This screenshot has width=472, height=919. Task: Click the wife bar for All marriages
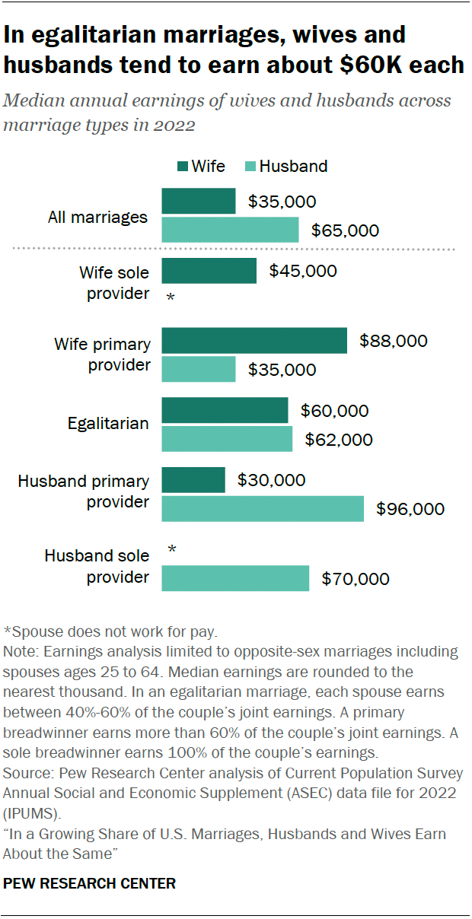199,202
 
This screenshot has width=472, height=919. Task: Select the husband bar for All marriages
230,230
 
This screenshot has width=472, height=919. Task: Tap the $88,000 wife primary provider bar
254,342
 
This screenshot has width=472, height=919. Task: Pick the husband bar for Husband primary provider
263,509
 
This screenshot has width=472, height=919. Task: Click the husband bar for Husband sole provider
235,578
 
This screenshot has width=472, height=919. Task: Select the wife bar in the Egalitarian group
225,411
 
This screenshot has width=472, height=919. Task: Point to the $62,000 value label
339,440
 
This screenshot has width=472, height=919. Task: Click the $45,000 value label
303,271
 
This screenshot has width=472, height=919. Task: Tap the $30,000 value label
271,480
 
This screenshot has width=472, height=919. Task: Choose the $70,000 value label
356,579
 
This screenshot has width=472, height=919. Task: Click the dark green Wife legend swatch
181,167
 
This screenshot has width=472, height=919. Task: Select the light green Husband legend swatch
249,167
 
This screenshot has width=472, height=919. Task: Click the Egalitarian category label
107,424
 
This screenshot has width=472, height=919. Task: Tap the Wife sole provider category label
114,282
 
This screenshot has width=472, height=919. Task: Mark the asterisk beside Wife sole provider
171,297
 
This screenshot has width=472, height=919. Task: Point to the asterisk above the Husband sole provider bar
171,549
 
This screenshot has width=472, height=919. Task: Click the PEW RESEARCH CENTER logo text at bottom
90,883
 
